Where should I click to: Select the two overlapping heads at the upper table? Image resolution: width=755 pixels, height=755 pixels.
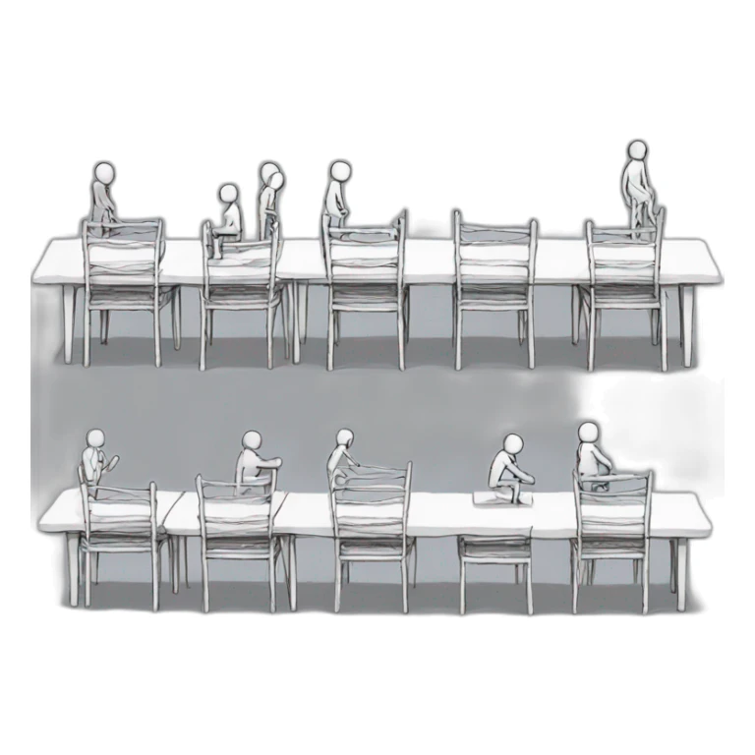(270, 176)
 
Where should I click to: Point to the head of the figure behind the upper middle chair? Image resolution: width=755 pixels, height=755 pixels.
(340, 171)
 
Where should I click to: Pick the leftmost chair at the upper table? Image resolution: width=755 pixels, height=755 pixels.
(124, 290)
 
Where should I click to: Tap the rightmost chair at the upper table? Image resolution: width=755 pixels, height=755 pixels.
(625, 290)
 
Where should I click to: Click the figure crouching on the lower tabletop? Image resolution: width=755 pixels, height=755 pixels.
(512, 470)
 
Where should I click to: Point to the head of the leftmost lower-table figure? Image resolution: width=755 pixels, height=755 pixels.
(95, 438)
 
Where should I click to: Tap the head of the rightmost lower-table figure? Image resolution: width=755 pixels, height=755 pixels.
(588, 433)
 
